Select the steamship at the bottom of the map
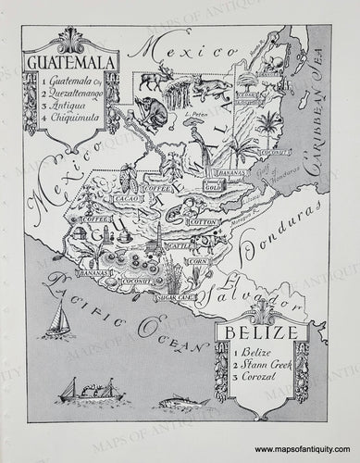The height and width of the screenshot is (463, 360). (x=90, y=389)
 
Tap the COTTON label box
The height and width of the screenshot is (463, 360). (x=199, y=223)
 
